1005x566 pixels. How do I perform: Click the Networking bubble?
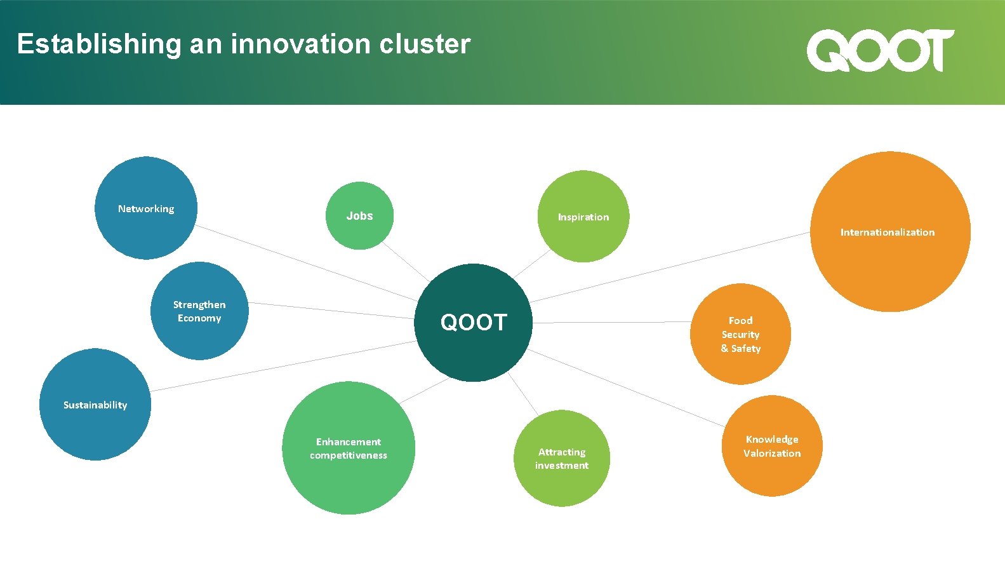(146, 208)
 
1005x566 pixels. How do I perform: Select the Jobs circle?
(359, 216)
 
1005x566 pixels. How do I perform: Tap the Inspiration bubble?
(583, 217)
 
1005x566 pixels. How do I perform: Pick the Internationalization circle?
(889, 232)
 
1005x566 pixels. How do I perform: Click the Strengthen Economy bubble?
(199, 311)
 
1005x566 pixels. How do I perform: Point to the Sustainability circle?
(95, 405)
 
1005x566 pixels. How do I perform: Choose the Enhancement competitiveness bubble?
(349, 448)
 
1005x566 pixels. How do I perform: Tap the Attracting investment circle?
(562, 458)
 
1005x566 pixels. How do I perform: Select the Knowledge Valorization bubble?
(772, 446)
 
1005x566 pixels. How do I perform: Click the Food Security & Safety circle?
(740, 334)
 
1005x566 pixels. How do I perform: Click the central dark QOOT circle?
(474, 323)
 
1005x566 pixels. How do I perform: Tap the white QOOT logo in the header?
(880, 50)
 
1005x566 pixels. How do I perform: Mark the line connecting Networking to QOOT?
(305, 262)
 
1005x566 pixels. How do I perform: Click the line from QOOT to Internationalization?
(670, 267)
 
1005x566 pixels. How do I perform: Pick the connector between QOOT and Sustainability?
(283, 366)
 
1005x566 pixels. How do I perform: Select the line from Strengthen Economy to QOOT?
(330, 311)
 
